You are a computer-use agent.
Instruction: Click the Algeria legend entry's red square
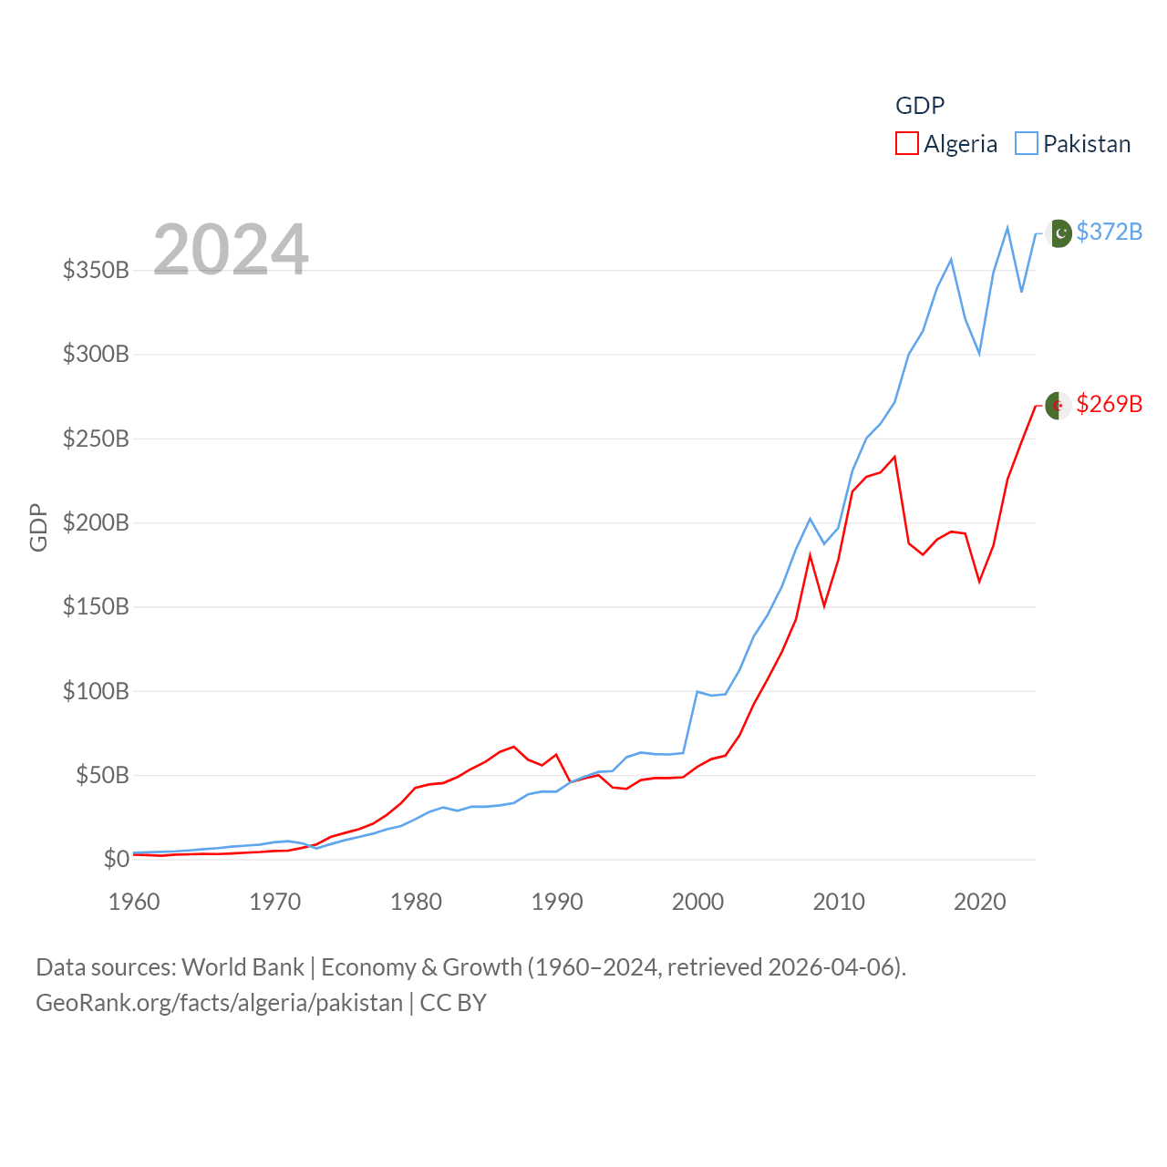pos(906,144)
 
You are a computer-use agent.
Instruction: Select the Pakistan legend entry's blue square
pos(1026,144)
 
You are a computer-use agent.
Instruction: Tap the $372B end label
pos(1109,232)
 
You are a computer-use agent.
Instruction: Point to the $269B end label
pos(1109,404)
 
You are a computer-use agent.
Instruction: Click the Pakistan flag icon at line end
pos(1059,233)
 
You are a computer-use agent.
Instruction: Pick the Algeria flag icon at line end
pos(1058,406)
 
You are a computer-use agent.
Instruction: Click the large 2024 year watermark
pos(231,249)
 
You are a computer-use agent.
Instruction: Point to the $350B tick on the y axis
pos(96,270)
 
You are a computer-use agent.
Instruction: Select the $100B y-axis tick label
pos(96,691)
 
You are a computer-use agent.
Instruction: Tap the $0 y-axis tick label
pos(116,859)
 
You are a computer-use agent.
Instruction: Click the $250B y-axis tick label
pos(96,439)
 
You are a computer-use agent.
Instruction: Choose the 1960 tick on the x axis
pos(134,902)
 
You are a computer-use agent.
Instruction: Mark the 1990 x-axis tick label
pos(557,902)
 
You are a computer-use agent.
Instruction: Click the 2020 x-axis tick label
pos(979,902)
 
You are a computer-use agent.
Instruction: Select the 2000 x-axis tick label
pos(697,902)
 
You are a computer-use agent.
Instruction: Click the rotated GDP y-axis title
pos(38,527)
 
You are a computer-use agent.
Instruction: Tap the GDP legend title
pos(920,106)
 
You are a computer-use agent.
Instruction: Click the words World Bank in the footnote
pos(243,966)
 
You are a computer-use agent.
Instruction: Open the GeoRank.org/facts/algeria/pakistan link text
pos(219,1003)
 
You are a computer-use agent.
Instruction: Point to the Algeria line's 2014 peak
pos(894,457)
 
